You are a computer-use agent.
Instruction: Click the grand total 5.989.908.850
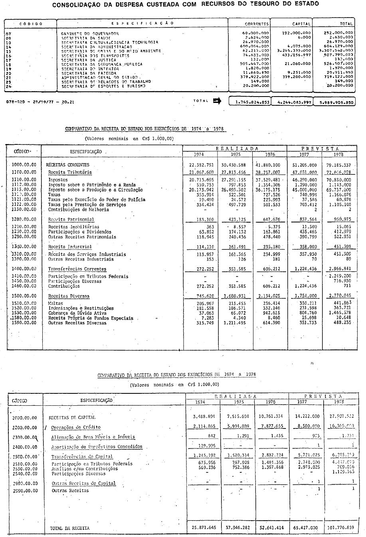(x=334, y=102)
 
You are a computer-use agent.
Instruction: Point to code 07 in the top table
(x=8, y=34)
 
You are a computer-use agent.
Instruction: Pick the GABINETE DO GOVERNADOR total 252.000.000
(x=338, y=34)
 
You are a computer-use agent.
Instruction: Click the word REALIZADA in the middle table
(x=235, y=148)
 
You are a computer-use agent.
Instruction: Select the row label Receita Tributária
(x=70, y=172)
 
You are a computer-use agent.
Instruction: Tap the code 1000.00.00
(x=24, y=165)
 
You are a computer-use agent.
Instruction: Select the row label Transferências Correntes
(x=77, y=269)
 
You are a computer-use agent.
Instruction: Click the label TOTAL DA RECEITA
(x=70, y=528)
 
